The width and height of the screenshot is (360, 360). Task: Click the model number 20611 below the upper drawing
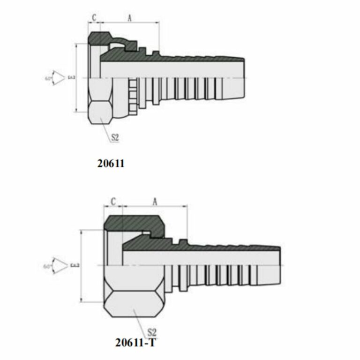coord(111,164)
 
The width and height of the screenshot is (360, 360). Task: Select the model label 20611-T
coord(136,343)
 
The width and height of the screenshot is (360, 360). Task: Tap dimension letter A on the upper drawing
coord(129,17)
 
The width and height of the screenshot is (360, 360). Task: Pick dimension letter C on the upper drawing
coord(94,17)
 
